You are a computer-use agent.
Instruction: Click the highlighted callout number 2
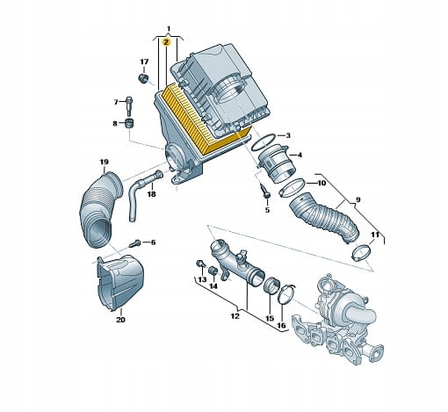point(166,42)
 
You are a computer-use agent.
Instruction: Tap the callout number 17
point(144,61)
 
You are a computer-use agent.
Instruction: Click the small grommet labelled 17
point(143,79)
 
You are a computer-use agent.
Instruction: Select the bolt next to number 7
point(129,106)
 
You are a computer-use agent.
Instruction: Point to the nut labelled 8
point(129,123)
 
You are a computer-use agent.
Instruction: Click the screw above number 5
point(265,192)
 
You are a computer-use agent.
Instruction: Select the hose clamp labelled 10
point(292,188)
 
